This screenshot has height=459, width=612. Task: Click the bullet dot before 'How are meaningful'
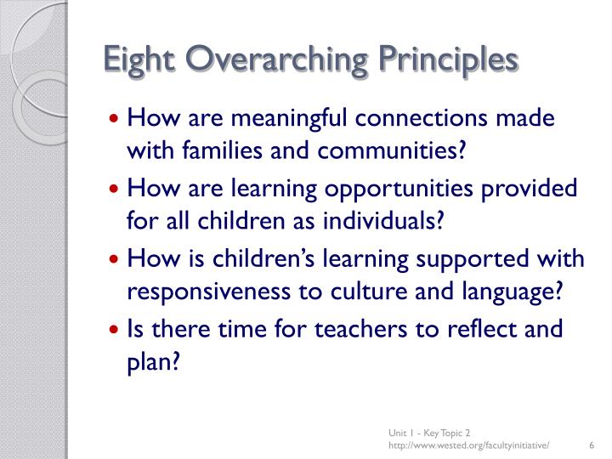pyautogui.click(x=116, y=120)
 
